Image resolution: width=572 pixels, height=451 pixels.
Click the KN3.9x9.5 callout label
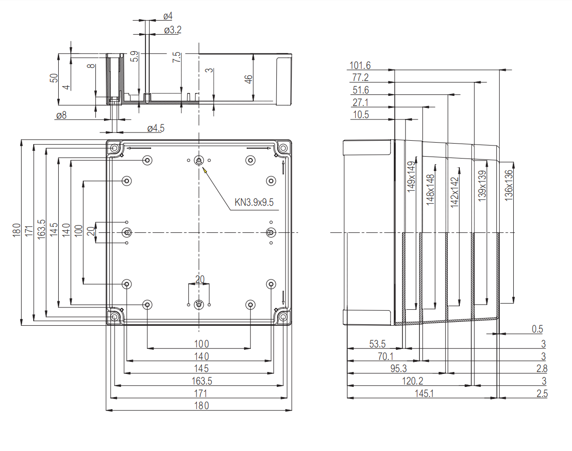point(254,202)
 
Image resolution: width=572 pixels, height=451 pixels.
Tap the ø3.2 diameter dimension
point(172,30)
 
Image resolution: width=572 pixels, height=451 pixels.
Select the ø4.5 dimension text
point(156,128)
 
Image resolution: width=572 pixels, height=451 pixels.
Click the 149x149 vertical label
point(411,177)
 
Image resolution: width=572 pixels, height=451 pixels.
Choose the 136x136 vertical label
point(509,186)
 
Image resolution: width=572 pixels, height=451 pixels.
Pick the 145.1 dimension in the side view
point(424,393)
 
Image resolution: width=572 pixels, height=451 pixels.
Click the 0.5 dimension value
point(537,329)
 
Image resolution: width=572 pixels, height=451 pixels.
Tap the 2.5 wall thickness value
point(542,394)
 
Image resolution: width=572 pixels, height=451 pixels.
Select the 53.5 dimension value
point(377,344)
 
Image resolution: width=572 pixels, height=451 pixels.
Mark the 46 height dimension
point(248,80)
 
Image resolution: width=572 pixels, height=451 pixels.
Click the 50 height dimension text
point(54,79)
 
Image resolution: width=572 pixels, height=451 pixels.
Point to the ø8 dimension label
point(61,115)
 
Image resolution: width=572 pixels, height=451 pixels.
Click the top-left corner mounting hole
point(115,148)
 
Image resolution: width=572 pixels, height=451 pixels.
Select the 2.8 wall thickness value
point(542,369)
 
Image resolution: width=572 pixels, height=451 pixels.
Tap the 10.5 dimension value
point(361,115)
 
